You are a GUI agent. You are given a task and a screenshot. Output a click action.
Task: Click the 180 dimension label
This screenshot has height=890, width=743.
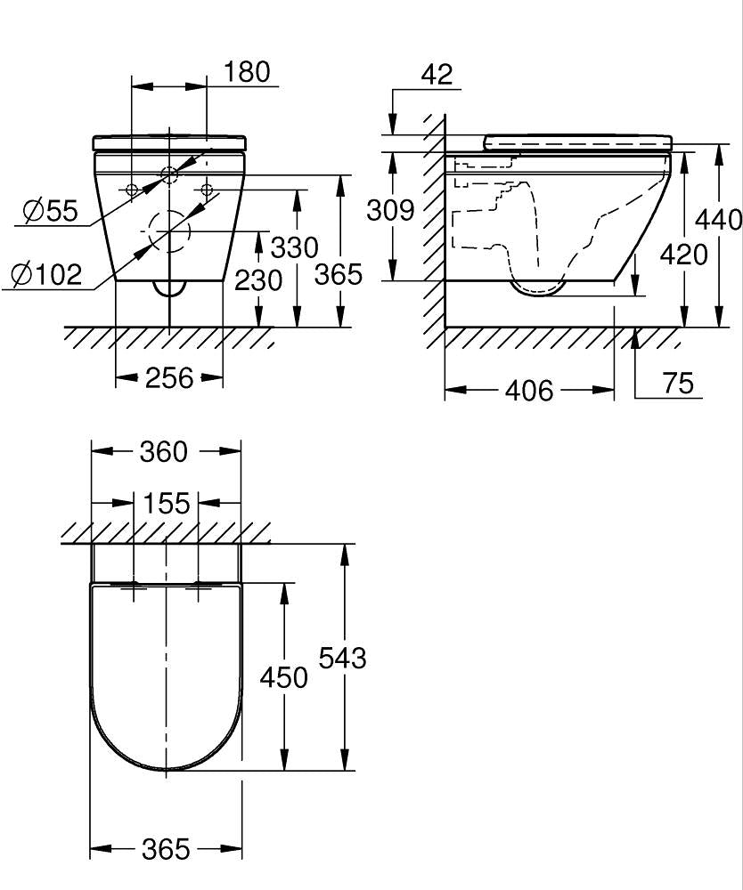247,72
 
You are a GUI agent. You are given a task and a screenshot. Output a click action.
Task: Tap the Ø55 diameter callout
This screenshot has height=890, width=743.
50,211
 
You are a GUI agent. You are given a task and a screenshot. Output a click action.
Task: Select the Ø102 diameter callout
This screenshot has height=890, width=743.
46,275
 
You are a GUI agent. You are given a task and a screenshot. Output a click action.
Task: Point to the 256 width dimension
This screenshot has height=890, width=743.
169,377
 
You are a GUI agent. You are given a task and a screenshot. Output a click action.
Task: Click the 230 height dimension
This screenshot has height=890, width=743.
258,279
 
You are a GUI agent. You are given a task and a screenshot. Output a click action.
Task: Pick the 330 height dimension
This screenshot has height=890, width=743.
294,247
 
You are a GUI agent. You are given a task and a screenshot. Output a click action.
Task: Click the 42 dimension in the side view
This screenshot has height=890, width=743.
437,75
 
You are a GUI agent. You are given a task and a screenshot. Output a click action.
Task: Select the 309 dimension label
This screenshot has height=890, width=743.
390,210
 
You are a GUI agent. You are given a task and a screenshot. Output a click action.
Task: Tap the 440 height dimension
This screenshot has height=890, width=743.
719,219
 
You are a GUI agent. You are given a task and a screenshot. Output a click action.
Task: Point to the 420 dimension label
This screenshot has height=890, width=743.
683,255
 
